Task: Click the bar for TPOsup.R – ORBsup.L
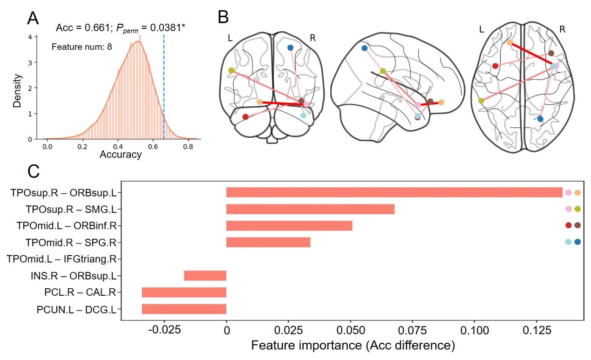coord(394,192)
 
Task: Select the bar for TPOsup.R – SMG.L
coord(310,209)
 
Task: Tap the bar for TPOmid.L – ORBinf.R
coord(289,226)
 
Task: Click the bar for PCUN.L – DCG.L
coord(184,309)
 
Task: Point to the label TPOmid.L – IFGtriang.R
coord(61,259)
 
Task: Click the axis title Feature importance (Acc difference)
coord(353,346)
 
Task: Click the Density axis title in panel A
coord(17,90)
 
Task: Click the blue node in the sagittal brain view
coord(364,48)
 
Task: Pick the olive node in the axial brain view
coord(481,101)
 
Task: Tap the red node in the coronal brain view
coord(245,117)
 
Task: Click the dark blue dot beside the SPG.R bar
coord(577,242)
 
